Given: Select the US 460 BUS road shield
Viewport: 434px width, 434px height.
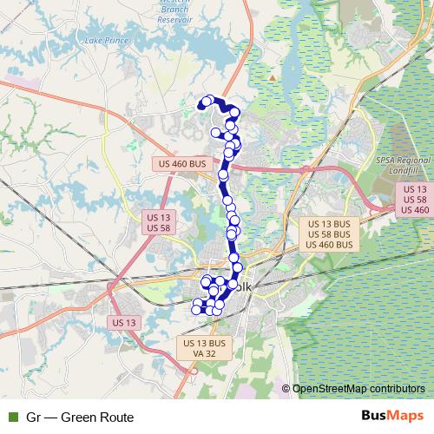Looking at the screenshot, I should (184, 163).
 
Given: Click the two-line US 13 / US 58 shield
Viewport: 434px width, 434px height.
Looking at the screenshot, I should (158, 221).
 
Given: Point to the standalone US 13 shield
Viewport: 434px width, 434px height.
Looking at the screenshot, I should (125, 322).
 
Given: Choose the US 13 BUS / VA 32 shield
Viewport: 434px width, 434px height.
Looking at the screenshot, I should (204, 348).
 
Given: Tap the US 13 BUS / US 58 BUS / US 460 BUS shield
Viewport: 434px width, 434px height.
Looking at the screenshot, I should (329, 233).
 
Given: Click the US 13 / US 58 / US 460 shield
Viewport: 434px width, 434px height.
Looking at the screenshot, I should (415, 200).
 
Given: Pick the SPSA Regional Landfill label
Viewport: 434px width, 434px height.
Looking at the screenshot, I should (404, 166).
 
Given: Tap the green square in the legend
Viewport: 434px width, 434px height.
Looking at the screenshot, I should (12, 418).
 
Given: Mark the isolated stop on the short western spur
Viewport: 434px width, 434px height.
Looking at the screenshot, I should (215, 132).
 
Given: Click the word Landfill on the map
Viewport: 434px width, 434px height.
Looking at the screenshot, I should (404, 171).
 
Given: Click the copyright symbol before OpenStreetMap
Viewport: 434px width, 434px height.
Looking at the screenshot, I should (286, 389).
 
